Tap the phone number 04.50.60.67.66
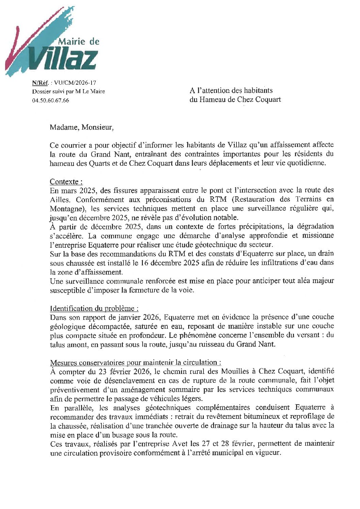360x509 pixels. tap(50, 100)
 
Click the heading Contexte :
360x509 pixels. tap(66, 181)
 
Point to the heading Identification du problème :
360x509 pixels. tap(94, 309)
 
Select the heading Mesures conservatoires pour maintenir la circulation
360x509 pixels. tap(135, 362)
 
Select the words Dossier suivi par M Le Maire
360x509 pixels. tap(68, 92)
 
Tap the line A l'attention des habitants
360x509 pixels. tap(231, 91)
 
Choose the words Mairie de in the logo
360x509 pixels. tap(79, 42)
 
